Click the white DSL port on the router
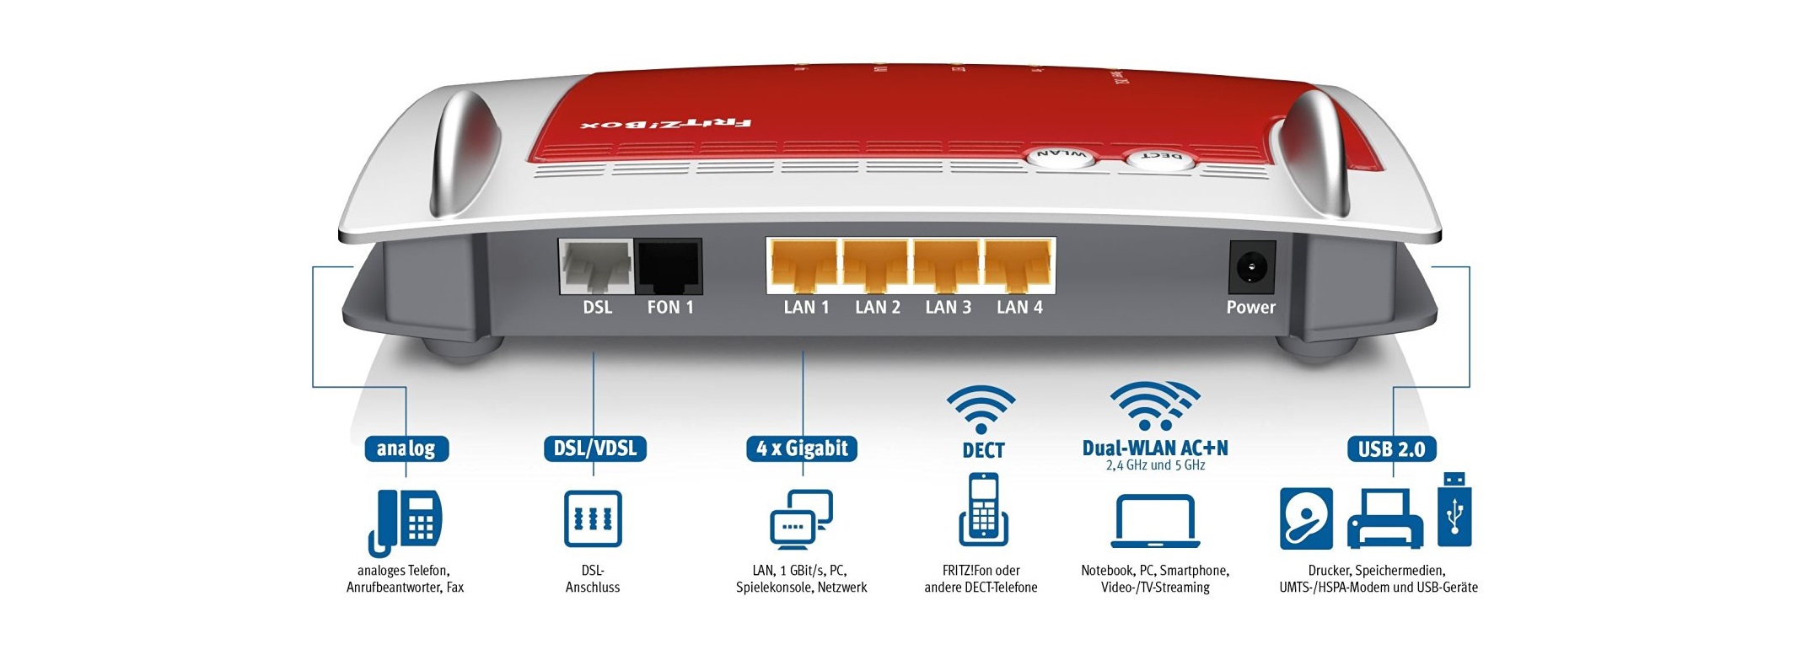pos(596,266)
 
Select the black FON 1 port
pos(669,266)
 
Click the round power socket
pos(1251,267)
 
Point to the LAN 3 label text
pos(948,308)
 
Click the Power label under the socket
pos(1250,308)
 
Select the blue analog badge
pos(406,448)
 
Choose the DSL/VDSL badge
pos(594,448)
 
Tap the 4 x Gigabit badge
pos(802,448)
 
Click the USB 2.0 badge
pos(1391,448)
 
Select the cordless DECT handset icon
pos(983,510)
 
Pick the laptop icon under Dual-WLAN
pos(1155,522)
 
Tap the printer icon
pos(1384,520)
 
